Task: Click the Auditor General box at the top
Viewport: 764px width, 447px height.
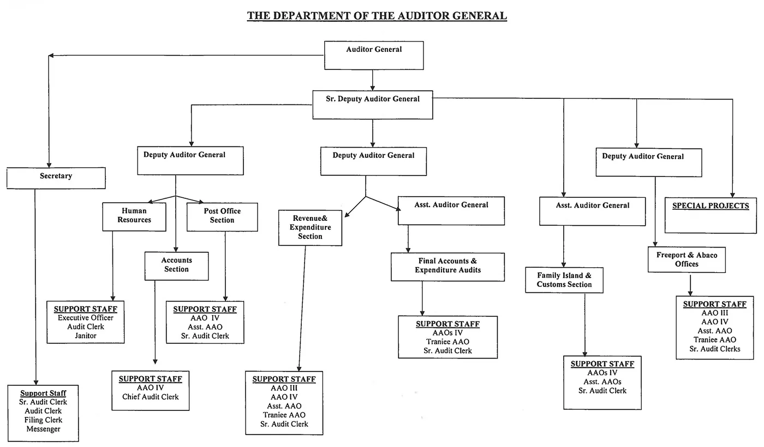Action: coord(374,55)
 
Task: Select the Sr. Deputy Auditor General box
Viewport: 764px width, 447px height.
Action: coord(373,104)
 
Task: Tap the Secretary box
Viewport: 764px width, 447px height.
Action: coord(56,178)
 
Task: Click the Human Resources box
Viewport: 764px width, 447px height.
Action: coord(134,216)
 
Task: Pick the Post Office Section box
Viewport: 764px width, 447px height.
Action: coord(222,216)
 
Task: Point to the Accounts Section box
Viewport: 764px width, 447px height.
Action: coord(176,265)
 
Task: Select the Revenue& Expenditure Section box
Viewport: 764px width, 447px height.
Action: coord(310,227)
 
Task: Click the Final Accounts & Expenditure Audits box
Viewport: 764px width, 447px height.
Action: coord(447,266)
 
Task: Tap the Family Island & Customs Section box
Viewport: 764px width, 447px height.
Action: coord(564,280)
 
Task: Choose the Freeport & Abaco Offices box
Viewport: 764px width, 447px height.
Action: coord(687,260)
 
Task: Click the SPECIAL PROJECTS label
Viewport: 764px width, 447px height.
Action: coord(711,206)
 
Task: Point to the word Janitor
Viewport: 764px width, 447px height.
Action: coord(86,336)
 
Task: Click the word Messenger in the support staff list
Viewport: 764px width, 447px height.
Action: coord(44,429)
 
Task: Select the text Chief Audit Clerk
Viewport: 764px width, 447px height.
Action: coord(150,397)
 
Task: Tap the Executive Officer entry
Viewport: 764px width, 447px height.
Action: coord(86,318)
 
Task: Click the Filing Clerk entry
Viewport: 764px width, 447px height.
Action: coord(44,420)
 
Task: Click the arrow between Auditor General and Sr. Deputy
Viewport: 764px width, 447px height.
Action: coord(373,80)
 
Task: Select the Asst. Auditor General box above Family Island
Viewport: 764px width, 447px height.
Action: coord(592,211)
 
